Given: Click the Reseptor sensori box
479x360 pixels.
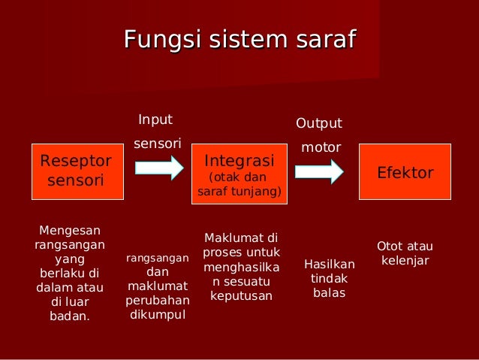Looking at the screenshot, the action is (x=75, y=171).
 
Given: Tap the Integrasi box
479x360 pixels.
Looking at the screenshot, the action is (x=239, y=172).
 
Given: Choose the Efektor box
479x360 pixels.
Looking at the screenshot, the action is (x=405, y=172).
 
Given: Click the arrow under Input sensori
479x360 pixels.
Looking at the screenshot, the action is (x=158, y=168).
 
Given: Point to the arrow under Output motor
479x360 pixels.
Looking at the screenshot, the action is (x=319, y=171).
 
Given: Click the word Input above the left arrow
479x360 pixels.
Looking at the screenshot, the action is (x=155, y=119).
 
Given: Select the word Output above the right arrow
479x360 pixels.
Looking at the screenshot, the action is (x=318, y=123).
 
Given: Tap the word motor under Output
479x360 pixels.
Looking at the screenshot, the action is (x=321, y=147).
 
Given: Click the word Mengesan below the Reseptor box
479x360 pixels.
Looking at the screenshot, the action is (x=69, y=230).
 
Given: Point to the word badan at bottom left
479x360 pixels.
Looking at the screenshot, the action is (x=68, y=316).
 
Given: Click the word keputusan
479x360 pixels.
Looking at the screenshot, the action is (x=241, y=296).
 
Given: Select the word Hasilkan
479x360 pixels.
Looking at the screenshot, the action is (x=329, y=265).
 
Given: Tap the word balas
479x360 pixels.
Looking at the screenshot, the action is (x=329, y=292).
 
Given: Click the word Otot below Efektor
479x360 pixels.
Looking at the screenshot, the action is (x=389, y=247).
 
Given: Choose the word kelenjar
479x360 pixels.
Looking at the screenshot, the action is (x=405, y=261).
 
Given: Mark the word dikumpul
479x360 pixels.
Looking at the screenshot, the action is (x=158, y=314).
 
